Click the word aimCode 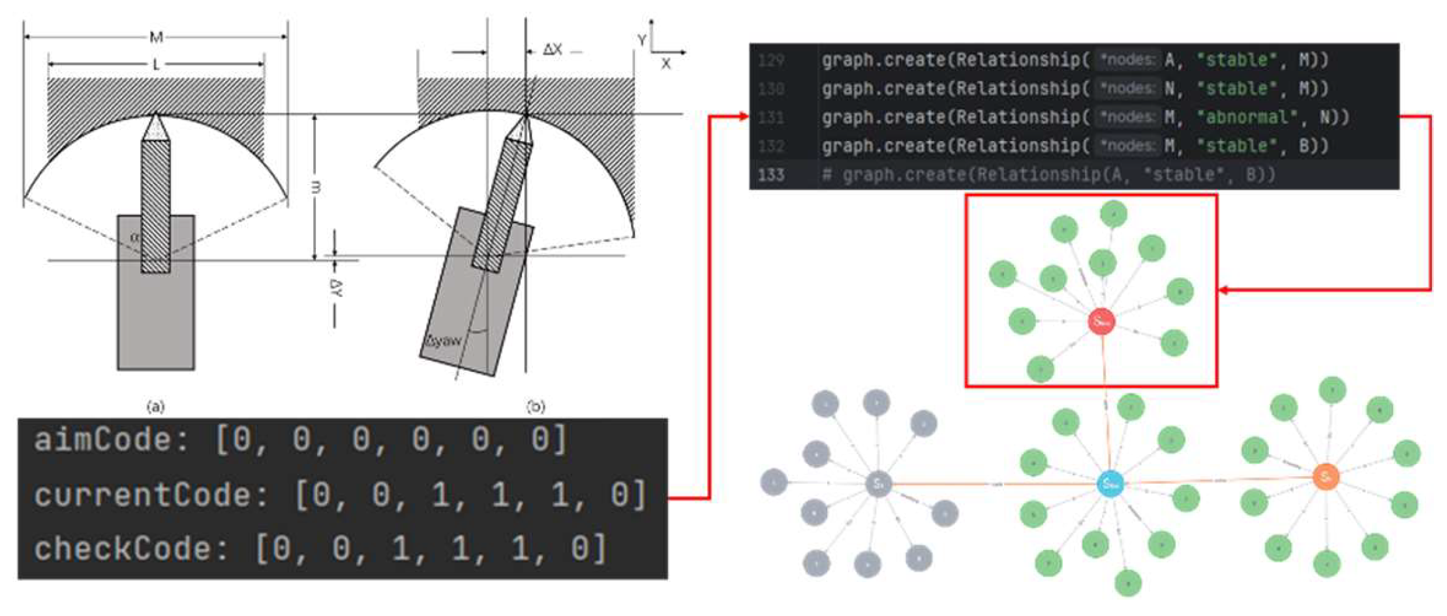click(x=103, y=440)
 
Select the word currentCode click(x=142, y=495)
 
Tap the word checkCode click(x=123, y=549)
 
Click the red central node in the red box click(x=1102, y=321)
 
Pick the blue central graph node click(x=1110, y=484)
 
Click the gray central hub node click(x=878, y=484)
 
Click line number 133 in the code click(x=771, y=175)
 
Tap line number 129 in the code click(x=771, y=61)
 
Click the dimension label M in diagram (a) click(x=156, y=37)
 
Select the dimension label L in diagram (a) click(x=156, y=65)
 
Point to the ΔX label click(x=553, y=50)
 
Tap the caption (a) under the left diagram click(x=155, y=407)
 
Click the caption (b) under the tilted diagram click(x=536, y=407)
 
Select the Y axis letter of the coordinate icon click(x=642, y=40)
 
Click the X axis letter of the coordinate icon click(x=665, y=64)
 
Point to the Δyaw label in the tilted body click(x=444, y=341)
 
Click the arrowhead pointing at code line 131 click(x=743, y=117)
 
